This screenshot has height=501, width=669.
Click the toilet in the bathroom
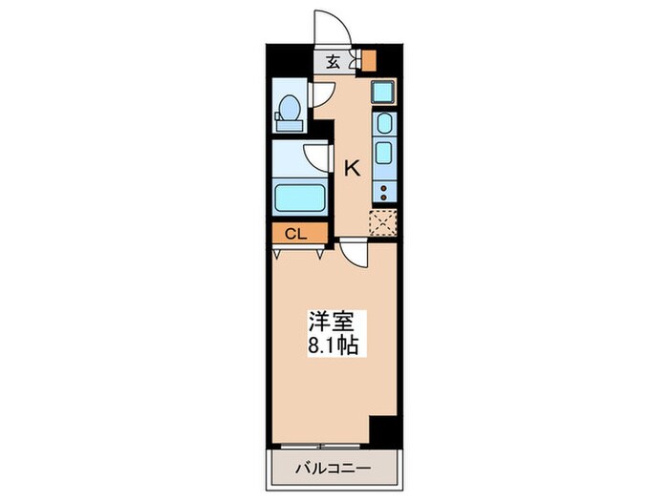point(289,113)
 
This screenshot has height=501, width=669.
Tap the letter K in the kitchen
point(352,169)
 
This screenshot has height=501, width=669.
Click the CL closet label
point(294,233)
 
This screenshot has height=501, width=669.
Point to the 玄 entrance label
point(334,63)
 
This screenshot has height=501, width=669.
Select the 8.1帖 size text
point(333,345)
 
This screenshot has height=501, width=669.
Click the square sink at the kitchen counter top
point(383,94)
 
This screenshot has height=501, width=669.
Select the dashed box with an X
point(382,221)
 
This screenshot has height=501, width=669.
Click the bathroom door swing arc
point(316,157)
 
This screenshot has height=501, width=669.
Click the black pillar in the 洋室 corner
point(383,430)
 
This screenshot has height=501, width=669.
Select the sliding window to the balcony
point(321,446)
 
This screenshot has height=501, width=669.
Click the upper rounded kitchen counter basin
point(383,124)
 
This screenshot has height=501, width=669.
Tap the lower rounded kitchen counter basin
point(383,153)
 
